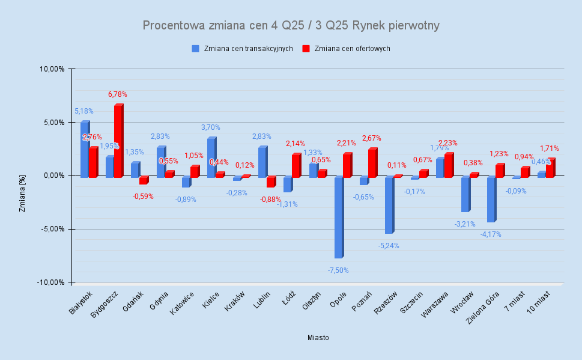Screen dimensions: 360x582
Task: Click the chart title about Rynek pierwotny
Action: [291, 25]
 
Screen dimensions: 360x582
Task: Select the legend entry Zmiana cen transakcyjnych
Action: [247, 49]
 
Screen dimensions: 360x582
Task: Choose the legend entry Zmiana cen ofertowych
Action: [352, 49]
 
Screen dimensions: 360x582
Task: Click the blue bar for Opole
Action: [339, 218]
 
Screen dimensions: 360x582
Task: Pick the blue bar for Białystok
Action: [85, 150]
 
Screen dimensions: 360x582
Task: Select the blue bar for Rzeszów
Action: [389, 205]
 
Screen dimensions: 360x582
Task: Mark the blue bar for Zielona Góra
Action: [491, 200]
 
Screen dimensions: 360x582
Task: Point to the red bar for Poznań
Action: [372, 163]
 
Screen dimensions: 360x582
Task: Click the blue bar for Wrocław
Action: [465, 194]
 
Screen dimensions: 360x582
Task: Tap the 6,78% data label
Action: [118, 94]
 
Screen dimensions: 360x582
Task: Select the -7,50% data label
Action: [338, 270]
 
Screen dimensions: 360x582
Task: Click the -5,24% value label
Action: [389, 246]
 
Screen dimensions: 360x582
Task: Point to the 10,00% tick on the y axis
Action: [52, 69]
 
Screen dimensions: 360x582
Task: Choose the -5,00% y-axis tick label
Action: [52, 229]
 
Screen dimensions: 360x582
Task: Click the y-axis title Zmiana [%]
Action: [22, 175]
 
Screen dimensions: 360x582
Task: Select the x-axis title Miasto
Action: [318, 338]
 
